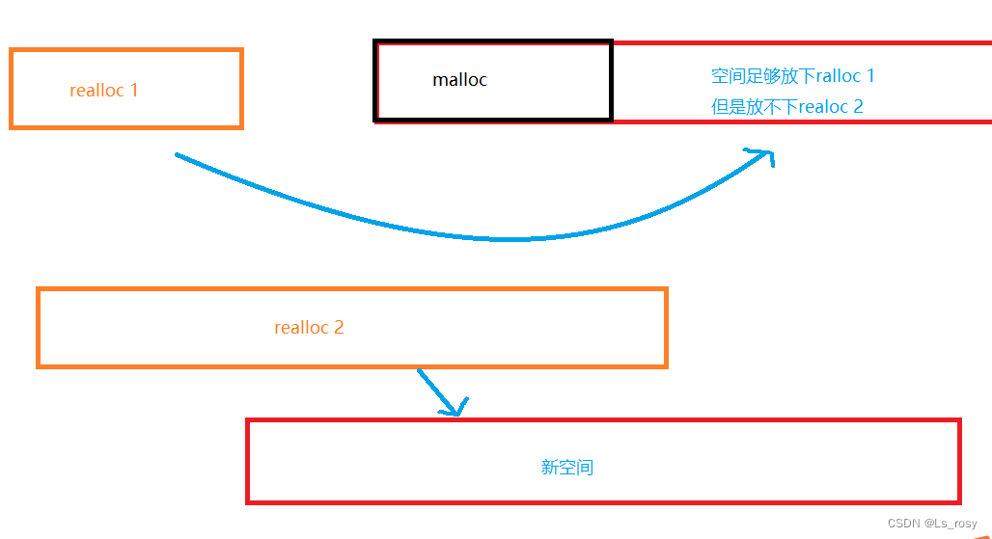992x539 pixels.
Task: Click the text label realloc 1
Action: point(104,91)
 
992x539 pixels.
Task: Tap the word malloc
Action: point(459,80)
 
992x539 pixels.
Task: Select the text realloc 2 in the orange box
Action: point(309,328)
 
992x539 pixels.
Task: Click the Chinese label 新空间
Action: point(567,468)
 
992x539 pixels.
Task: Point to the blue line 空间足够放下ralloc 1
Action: point(792,76)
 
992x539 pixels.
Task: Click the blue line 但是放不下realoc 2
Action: point(786,107)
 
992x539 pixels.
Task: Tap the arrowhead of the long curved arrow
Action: point(767,153)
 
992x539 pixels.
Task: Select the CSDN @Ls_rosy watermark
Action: point(932,524)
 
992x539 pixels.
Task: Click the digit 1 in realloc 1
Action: point(134,91)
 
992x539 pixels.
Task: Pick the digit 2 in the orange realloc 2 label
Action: point(339,328)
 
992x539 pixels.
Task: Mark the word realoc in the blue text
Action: point(823,107)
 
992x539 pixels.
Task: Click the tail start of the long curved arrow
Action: point(178,154)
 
